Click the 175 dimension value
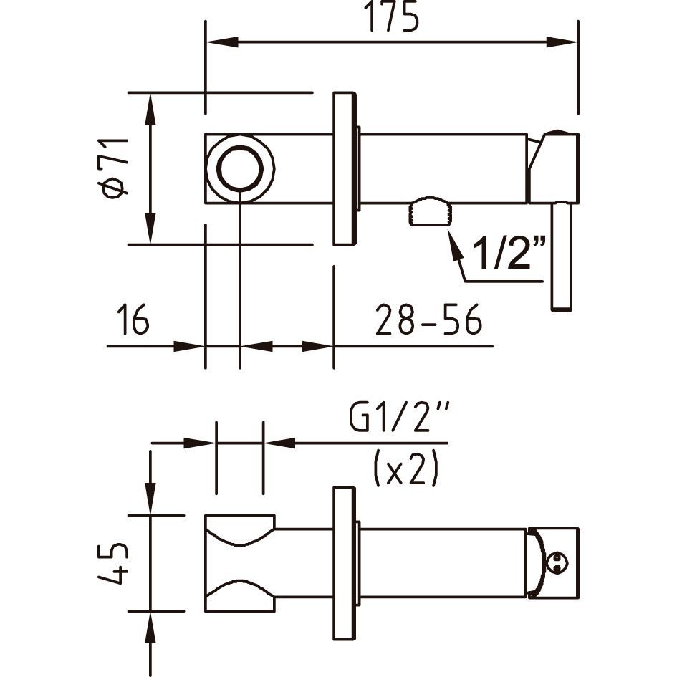point(392,17)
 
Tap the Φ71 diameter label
point(114,168)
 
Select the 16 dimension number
point(133,319)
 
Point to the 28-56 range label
point(428,320)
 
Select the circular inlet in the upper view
point(240,168)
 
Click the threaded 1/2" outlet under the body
point(431,211)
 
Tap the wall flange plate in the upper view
point(344,168)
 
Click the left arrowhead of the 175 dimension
point(223,42)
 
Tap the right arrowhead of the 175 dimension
point(562,42)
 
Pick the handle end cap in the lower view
point(552,562)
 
